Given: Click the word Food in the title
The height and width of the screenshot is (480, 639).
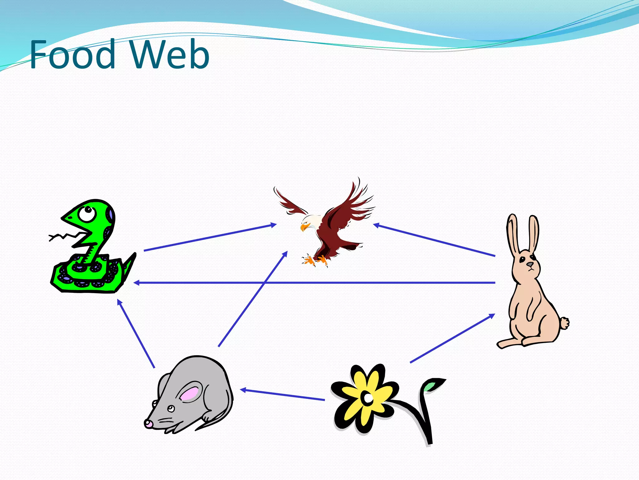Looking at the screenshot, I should (72, 55).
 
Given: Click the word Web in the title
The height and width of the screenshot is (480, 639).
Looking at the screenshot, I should (169, 55).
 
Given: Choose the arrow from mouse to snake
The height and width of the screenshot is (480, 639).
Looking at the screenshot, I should (136, 333).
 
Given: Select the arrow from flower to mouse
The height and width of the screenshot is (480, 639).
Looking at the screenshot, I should (282, 395).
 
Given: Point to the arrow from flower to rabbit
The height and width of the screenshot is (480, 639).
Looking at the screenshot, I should (452, 338).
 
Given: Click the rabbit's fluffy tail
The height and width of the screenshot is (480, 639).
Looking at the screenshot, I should (564, 323).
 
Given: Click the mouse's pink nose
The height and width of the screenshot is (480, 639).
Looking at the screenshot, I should (148, 423).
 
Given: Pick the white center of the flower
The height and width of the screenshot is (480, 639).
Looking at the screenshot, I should (368, 398).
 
